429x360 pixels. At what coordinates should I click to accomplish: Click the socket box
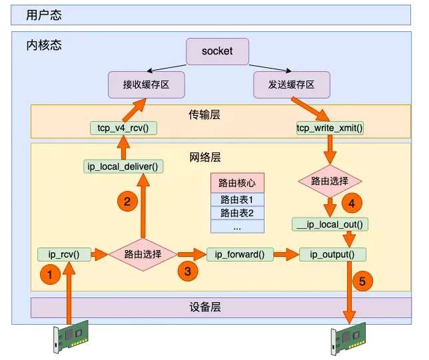(x=216, y=51)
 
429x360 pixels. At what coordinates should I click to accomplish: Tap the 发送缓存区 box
(x=292, y=85)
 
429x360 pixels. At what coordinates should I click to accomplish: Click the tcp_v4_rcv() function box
(x=123, y=127)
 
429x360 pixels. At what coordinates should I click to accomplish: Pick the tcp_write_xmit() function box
(x=330, y=127)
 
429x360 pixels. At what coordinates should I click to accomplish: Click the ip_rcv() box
(x=63, y=254)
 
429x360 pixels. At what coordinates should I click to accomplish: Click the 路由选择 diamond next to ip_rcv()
(x=143, y=254)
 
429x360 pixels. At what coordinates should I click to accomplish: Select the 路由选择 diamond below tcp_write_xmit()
(x=329, y=180)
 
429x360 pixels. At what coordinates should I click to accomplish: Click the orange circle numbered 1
(x=49, y=273)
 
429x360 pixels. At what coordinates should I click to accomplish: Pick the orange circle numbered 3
(x=187, y=271)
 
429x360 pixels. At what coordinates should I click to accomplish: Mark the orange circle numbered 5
(x=362, y=281)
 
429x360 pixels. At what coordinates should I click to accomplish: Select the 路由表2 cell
(x=237, y=213)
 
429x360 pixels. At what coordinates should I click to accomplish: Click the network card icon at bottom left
(x=69, y=338)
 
